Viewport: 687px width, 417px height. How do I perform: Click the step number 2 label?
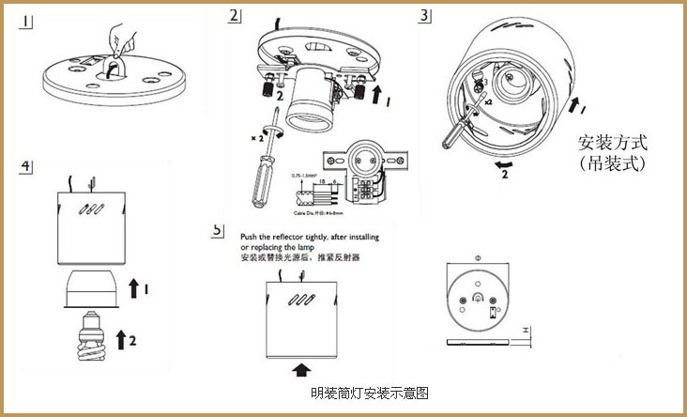coord(235,16)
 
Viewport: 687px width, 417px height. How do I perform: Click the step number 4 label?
coord(28,167)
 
